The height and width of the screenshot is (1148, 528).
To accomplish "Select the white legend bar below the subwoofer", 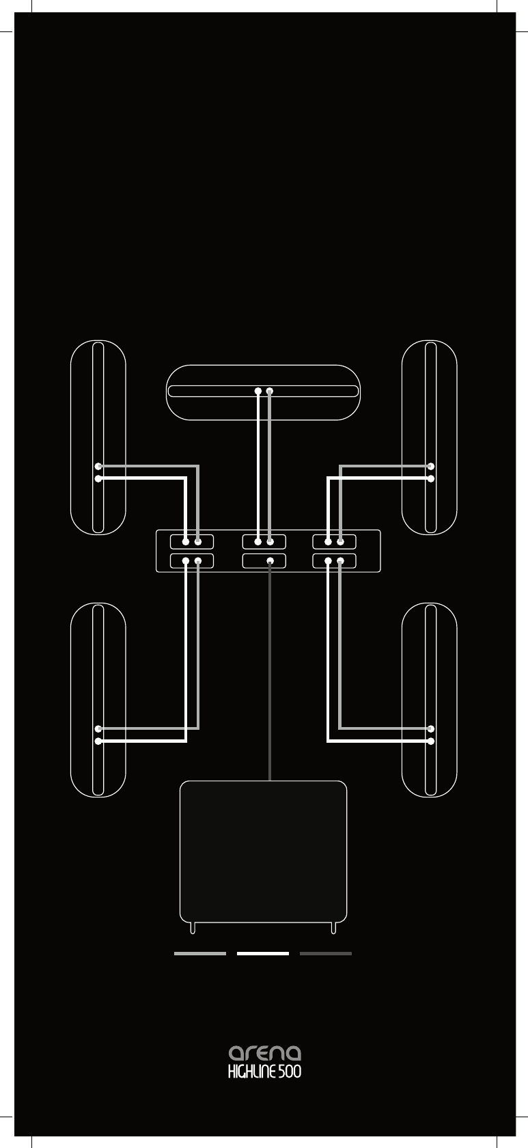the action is coord(263,953).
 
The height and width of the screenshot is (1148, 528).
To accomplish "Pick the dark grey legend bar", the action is coord(326,953).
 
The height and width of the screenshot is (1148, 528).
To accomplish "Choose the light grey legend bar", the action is coord(200,953).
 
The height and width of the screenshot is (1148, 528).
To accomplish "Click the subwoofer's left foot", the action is coord(194,927).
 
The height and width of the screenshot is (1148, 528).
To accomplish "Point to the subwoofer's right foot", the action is coord(333,927).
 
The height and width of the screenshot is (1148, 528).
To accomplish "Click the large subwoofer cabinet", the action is coord(263,851).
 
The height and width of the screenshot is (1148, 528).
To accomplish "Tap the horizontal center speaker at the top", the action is coord(263,392).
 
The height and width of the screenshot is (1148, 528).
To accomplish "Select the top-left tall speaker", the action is coord(98,437).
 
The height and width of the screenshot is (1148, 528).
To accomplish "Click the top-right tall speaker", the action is coord(430,437).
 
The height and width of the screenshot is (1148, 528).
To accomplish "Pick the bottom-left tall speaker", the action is coord(98,700).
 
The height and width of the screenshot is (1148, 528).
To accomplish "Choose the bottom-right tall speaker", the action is coord(430,700).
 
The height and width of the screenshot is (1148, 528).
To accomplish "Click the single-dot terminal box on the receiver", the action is coord(264,561).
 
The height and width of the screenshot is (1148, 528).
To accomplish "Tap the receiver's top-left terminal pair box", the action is coord(192,542).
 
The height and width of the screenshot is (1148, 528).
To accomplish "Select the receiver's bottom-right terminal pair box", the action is coord(335,561).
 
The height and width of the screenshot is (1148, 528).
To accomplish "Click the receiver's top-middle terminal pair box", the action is coord(264,542).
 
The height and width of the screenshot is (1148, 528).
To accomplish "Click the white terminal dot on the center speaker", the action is coord(258,392).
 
